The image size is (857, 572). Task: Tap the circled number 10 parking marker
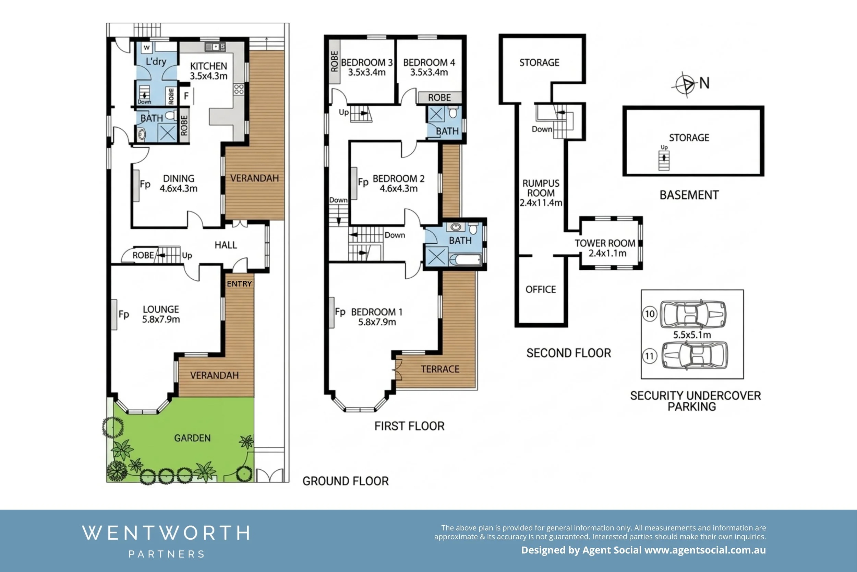[650, 314]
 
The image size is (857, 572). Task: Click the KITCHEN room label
[208, 66]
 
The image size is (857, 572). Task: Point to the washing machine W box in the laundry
[146, 47]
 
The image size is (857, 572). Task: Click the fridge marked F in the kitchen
[186, 96]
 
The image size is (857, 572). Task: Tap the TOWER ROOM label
[605, 243]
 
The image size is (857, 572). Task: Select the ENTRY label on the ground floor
[239, 284]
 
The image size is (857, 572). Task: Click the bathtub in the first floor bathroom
[465, 260]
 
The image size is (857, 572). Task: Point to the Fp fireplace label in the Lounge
[123, 314]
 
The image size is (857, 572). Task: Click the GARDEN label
[192, 438]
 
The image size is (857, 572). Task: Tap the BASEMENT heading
[689, 195]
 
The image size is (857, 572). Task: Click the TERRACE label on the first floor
[440, 369]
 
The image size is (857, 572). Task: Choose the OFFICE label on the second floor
[540, 290]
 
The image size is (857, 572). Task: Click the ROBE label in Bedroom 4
[439, 98]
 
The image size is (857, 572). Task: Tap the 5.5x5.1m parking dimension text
[691, 335]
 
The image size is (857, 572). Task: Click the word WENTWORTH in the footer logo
[166, 533]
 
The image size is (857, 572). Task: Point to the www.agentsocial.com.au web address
[705, 550]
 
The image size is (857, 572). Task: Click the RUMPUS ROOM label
[541, 188]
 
